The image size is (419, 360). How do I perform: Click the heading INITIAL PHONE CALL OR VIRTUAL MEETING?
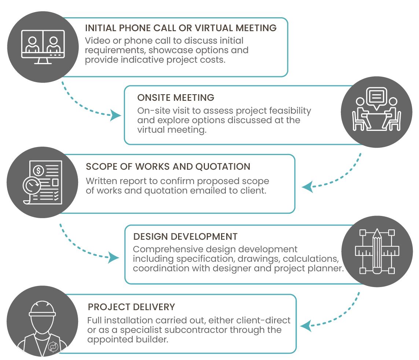tap(180, 28)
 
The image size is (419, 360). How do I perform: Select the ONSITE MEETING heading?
tap(176, 98)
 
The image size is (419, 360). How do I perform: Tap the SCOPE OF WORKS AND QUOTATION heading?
tap(168, 166)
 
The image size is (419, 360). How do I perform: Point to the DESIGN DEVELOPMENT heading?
tap(185, 236)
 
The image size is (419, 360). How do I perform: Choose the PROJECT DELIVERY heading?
tap(131, 306)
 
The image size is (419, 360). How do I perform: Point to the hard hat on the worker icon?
tap(42, 309)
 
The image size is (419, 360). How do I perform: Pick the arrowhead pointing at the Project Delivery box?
tap(306, 325)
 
